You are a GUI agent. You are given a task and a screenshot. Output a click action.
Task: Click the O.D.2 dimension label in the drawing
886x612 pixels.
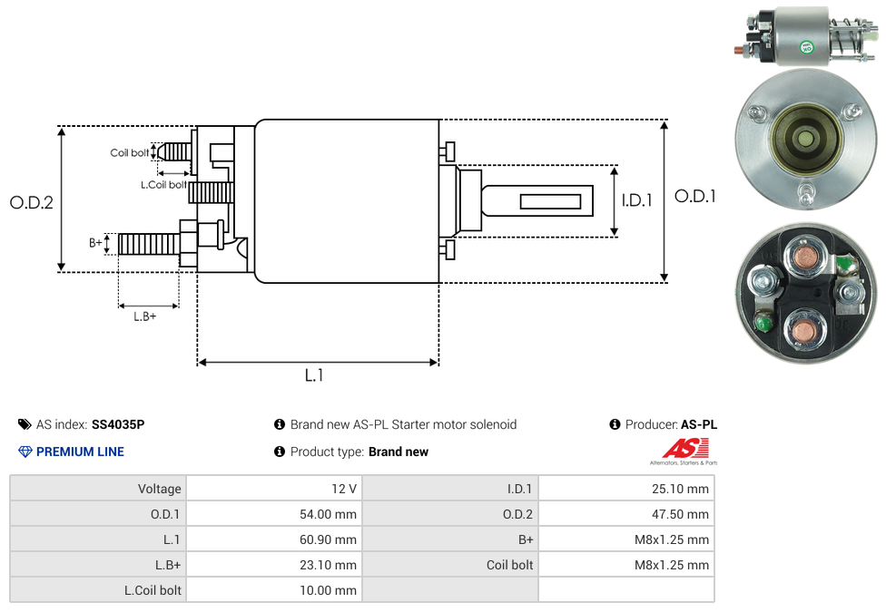pos(32,202)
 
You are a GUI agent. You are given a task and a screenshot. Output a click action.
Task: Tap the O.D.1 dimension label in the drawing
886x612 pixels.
pos(695,196)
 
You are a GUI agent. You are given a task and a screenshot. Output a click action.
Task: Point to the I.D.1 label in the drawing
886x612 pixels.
pos(637,199)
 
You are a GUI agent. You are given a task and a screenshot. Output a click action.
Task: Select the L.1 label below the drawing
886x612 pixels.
pos(314,374)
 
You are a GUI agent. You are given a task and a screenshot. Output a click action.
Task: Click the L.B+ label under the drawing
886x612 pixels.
pos(144,316)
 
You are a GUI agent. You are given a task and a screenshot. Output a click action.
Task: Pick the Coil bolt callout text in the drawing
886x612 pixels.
pos(130,153)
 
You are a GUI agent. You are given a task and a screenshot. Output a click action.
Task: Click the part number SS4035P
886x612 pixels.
pos(118,424)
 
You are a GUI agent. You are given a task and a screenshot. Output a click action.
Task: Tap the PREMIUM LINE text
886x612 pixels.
pos(80,452)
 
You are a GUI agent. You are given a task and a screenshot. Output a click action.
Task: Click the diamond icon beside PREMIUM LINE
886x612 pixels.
pos(25,452)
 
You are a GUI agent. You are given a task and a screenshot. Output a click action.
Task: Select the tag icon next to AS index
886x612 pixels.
pos(25,424)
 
